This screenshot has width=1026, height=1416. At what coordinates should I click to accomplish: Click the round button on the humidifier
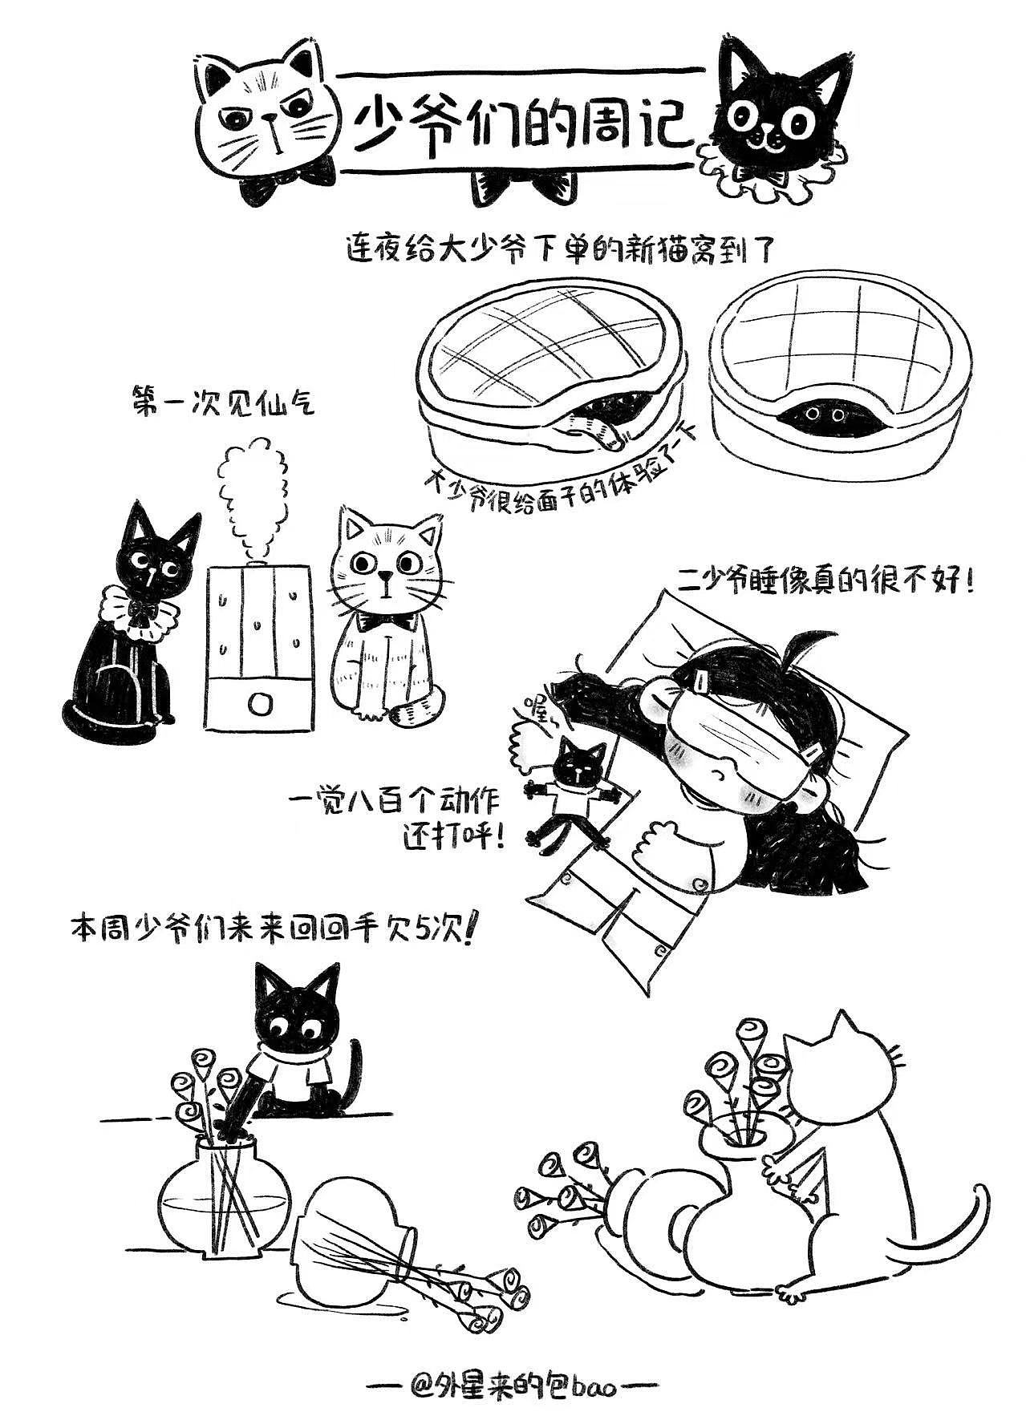pyautogui.click(x=259, y=704)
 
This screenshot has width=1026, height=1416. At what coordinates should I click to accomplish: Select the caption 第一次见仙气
pyautogui.click(x=222, y=402)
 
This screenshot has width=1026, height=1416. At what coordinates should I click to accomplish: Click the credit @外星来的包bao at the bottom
pyautogui.click(x=513, y=1363)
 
